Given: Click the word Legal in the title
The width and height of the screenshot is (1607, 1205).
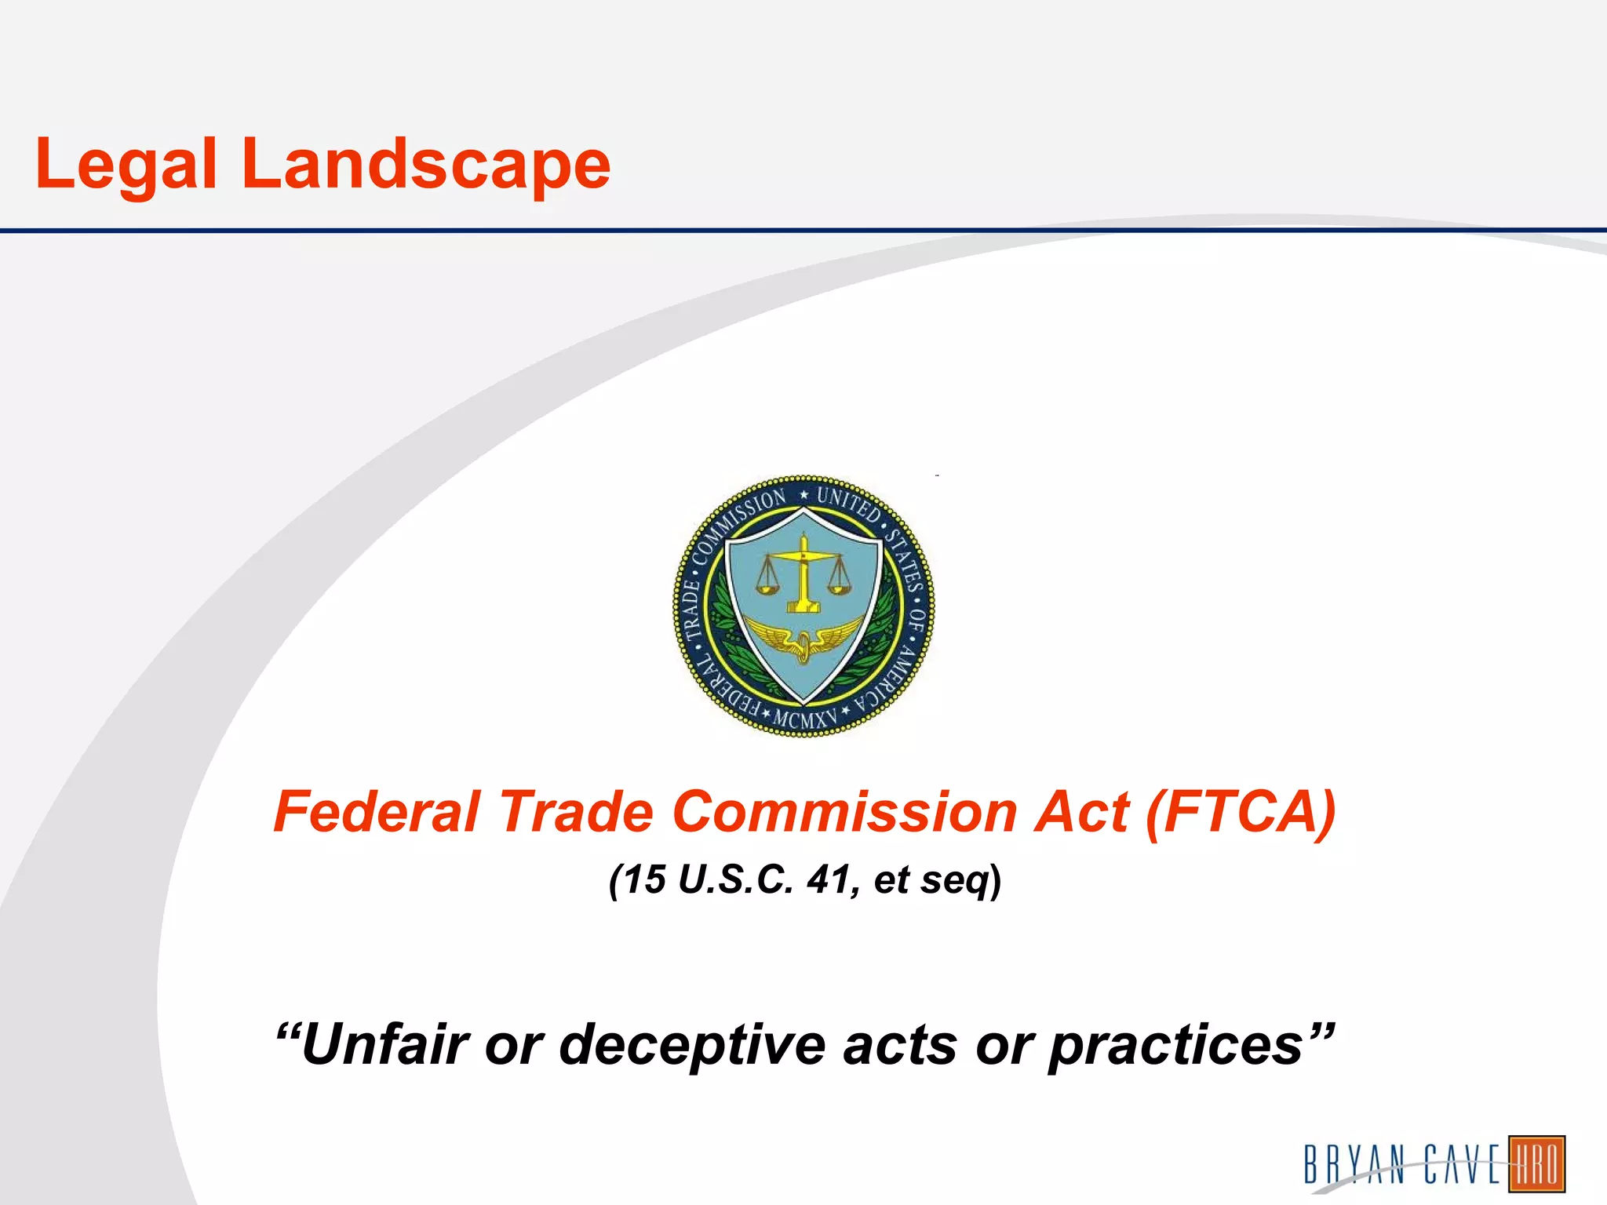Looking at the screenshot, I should [x=126, y=165].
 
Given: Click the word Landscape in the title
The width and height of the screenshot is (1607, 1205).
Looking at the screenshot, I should [x=426, y=165].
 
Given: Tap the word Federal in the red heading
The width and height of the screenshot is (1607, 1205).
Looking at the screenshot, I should [x=377, y=811].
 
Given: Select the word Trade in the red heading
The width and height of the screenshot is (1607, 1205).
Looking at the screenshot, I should [x=577, y=811].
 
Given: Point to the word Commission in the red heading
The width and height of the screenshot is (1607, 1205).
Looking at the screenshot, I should [x=844, y=811].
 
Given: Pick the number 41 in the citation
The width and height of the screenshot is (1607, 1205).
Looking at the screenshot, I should [x=830, y=879].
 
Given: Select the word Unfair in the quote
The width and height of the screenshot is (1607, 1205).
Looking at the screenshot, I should [x=384, y=1044].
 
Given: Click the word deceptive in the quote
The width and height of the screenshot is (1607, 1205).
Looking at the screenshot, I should [x=691, y=1044].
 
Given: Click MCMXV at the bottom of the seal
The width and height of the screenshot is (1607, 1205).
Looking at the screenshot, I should [x=805, y=718].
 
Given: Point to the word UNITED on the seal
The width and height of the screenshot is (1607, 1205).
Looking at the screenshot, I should [x=849, y=503].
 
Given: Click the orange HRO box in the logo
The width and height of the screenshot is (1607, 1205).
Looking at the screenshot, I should [x=1536, y=1163].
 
